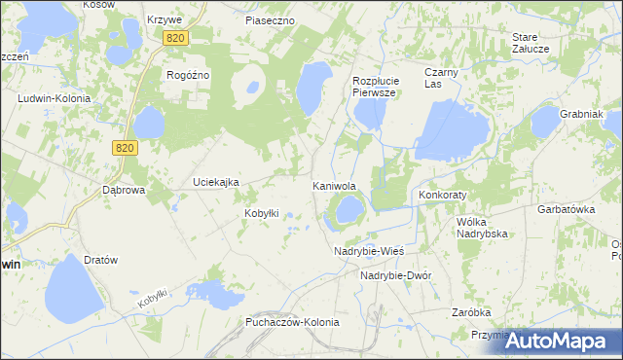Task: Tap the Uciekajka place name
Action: pyautogui.click(x=216, y=182)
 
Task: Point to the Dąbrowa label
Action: pyautogui.click(x=124, y=190)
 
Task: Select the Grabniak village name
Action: pyautogui.click(x=582, y=114)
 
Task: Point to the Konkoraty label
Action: pyautogui.click(x=443, y=195)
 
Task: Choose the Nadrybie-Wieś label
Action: pyautogui.click(x=368, y=250)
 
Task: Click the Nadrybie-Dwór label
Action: pyautogui.click(x=395, y=275)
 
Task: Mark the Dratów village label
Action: pyautogui.click(x=100, y=261)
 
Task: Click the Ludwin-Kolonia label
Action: pyautogui.click(x=55, y=98)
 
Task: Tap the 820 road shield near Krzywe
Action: pyautogui.click(x=175, y=37)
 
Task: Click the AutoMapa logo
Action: pyautogui.click(x=564, y=341)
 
